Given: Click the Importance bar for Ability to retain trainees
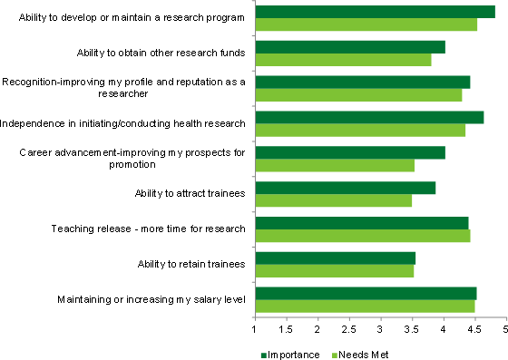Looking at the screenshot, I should pyautogui.click(x=335, y=258).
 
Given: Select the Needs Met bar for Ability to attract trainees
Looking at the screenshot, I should pyautogui.click(x=333, y=200).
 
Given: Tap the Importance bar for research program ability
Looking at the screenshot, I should pyautogui.click(x=375, y=12).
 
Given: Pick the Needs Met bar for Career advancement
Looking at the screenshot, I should pyautogui.click(x=334, y=165).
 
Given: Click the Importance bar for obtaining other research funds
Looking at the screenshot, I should pyautogui.click(x=349, y=47).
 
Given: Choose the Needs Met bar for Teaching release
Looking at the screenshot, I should pyautogui.click(x=362, y=236).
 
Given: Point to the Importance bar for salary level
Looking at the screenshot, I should pyautogui.click(x=366, y=293).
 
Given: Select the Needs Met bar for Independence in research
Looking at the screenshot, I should pyautogui.click(x=359, y=130).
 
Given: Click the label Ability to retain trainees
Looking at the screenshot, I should pyautogui.click(x=190, y=264).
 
